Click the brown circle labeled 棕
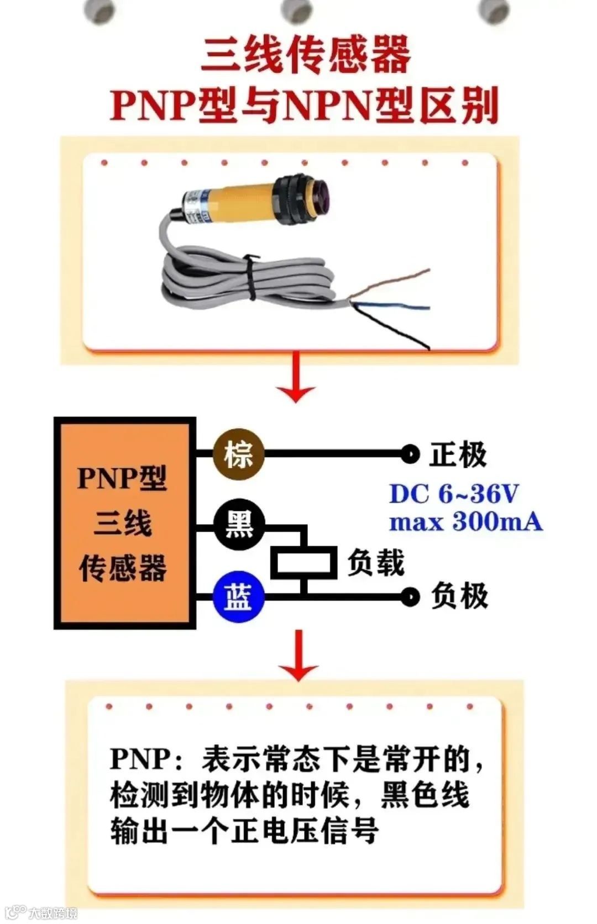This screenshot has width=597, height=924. click(x=239, y=454)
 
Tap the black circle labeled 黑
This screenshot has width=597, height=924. click(x=239, y=524)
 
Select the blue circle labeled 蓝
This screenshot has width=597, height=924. click(x=239, y=597)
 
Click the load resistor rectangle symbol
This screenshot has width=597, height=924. click(x=303, y=563)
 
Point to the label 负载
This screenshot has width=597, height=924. click(x=376, y=563)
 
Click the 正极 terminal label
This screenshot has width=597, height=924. click(x=458, y=455)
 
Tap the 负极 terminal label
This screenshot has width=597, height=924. click(x=459, y=596)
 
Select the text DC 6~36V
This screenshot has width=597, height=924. click(x=454, y=494)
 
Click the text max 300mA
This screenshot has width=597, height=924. click(x=465, y=522)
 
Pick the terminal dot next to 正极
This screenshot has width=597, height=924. click(x=410, y=455)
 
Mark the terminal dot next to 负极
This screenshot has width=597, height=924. click(x=410, y=596)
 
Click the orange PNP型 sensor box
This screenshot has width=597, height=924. click(x=124, y=523)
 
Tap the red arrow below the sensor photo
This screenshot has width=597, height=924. click(x=296, y=378)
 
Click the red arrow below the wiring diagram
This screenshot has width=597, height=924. click(x=298, y=656)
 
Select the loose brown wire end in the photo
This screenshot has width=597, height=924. click(x=420, y=273)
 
